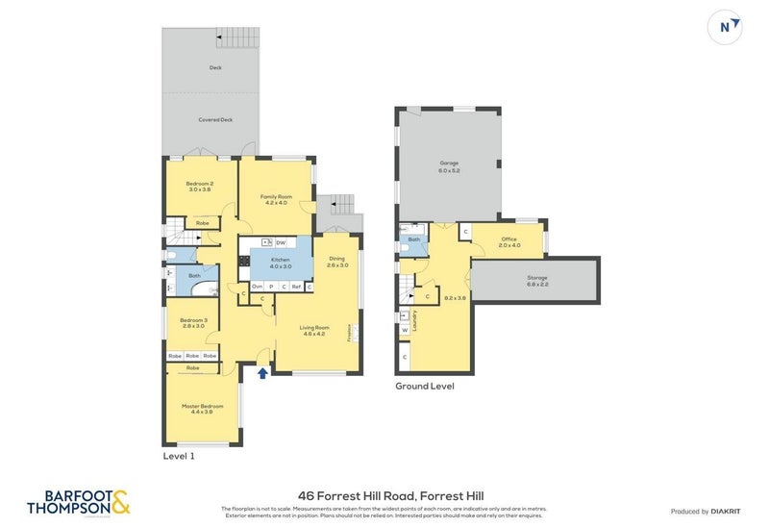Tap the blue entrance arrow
[x=262, y=372]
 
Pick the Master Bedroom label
[x=203, y=408]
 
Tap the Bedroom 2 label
[x=199, y=187]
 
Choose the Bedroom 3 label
[x=193, y=322]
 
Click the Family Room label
[x=275, y=199]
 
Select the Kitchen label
[x=280, y=263]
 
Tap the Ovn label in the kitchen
[x=257, y=287]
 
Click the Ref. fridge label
[x=297, y=287]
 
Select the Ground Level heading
[x=424, y=386]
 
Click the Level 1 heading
[x=179, y=456]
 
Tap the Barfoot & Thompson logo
[x=78, y=501]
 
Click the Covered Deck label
[x=215, y=120]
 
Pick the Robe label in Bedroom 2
[x=202, y=223]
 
